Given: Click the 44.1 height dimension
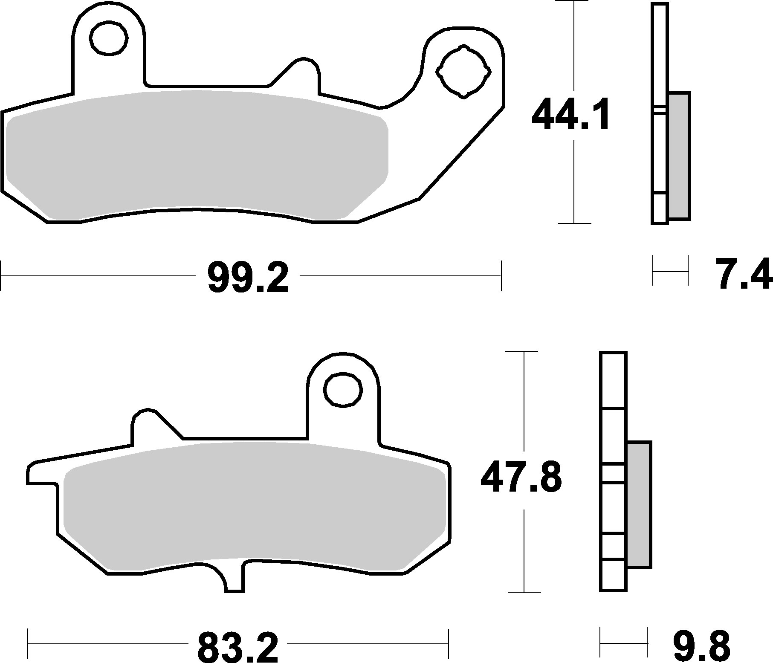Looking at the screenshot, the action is coord(571,114).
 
